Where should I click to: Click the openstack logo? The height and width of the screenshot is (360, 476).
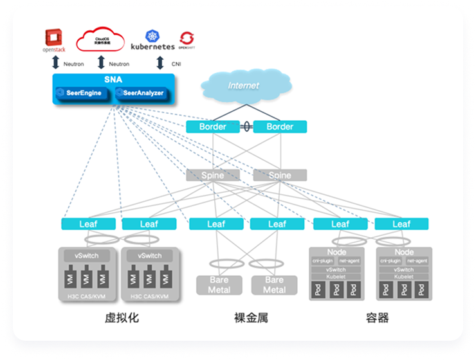(x=54, y=40)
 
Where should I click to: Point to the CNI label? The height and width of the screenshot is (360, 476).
(x=176, y=64)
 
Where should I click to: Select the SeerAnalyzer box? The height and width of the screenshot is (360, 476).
(x=140, y=93)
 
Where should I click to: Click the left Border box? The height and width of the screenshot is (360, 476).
(x=212, y=127)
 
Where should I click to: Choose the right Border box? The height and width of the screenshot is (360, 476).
(x=280, y=127)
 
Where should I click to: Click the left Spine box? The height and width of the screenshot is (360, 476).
(x=212, y=175)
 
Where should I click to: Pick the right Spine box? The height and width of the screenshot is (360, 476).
(x=280, y=175)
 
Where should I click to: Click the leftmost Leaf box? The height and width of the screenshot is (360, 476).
(x=88, y=224)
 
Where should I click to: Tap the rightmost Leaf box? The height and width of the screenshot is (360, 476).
(x=401, y=224)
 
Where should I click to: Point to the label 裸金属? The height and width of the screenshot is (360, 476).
(x=247, y=318)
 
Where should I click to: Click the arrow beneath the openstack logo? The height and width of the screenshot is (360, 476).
(x=55, y=63)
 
